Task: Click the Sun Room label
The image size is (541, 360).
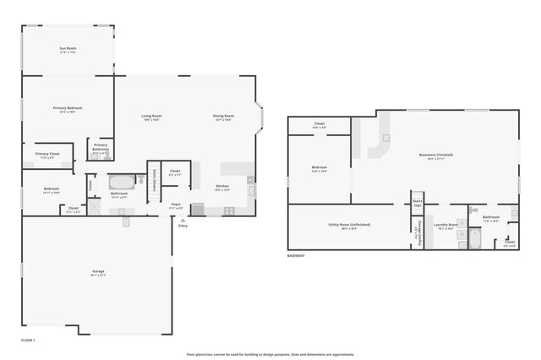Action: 68,50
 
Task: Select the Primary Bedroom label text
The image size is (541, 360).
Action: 68,109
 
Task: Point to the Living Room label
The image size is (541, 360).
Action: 151,117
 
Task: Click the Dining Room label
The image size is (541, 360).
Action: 224,117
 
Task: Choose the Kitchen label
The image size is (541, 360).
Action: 222,187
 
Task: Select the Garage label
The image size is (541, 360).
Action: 99,273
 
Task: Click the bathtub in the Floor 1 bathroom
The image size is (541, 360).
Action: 122,181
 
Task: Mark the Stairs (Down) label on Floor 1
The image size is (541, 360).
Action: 155,180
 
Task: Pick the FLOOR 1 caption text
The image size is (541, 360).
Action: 28,339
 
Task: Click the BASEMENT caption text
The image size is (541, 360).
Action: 296,255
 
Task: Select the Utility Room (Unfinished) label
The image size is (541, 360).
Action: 342,226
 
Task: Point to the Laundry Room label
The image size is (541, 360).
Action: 445,226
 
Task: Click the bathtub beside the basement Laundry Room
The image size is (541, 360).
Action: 473,241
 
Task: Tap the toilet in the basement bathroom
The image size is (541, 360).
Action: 475,209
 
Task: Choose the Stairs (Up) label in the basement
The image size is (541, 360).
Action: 417,204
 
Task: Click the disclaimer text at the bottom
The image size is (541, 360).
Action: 270,354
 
